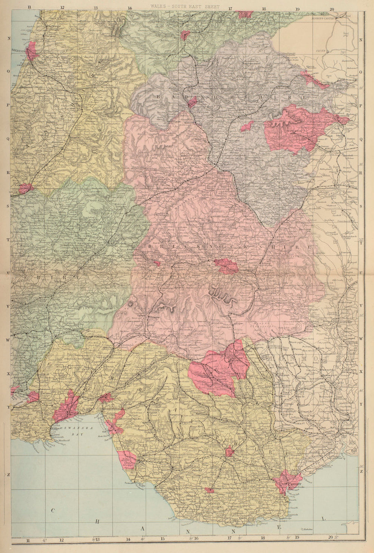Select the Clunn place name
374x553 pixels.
click(321, 50)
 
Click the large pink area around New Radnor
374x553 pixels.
click(294, 127)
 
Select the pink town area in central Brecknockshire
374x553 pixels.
click(226, 266)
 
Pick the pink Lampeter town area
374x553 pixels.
click(25, 188)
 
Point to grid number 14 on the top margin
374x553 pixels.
click(129, 8)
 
